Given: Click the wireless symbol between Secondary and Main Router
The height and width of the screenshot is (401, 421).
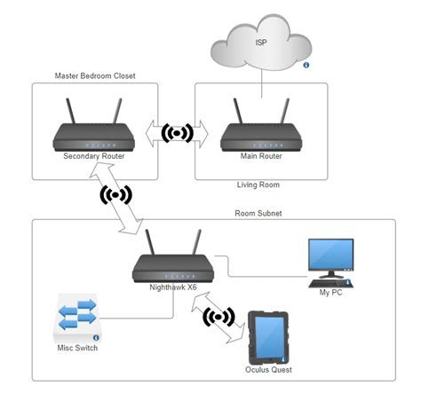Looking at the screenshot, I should click(178, 134).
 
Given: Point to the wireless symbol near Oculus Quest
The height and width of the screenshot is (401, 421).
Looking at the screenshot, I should click(219, 317).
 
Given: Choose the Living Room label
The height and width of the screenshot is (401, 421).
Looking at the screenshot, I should click(258, 185).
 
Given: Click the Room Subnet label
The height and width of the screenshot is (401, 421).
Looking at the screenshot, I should click(258, 213).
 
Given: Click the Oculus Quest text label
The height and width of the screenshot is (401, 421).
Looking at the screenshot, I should click(269, 369).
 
